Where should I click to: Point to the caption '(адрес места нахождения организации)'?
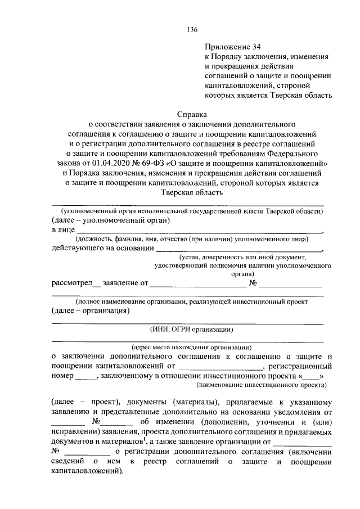coord(191,348)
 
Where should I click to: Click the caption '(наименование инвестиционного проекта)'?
coord(261,386)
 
